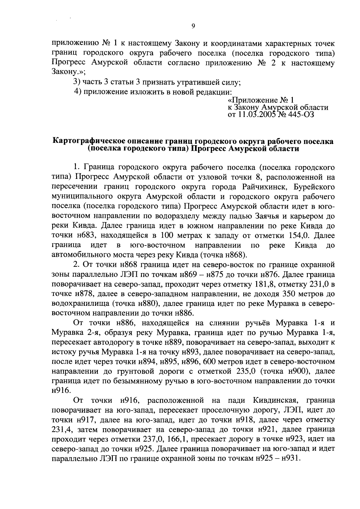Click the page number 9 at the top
click(193, 26)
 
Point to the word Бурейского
click(314, 187)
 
